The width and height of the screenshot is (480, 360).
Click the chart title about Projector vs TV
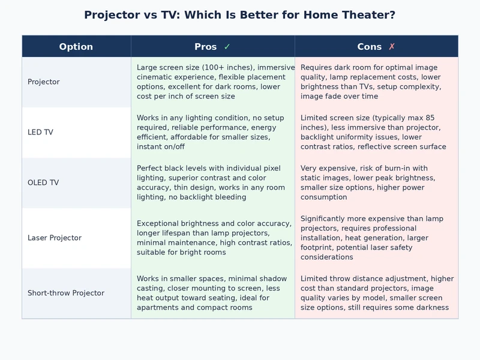(x=239, y=15)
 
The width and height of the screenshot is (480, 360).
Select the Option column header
(x=76, y=47)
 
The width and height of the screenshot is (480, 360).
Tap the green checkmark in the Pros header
(x=227, y=47)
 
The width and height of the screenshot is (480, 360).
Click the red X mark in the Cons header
(x=392, y=47)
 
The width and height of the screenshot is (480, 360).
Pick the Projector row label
(x=44, y=82)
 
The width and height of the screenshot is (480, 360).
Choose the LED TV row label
(x=40, y=132)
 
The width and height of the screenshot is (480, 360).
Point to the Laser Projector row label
(x=55, y=238)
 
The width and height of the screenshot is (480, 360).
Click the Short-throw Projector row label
(x=66, y=293)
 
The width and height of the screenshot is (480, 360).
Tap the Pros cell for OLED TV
(x=212, y=182)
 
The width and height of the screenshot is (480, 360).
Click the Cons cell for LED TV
(x=376, y=132)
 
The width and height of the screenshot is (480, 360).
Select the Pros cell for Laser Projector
(x=212, y=238)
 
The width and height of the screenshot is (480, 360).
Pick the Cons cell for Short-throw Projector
(x=376, y=293)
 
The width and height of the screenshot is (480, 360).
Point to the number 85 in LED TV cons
(x=446, y=118)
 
